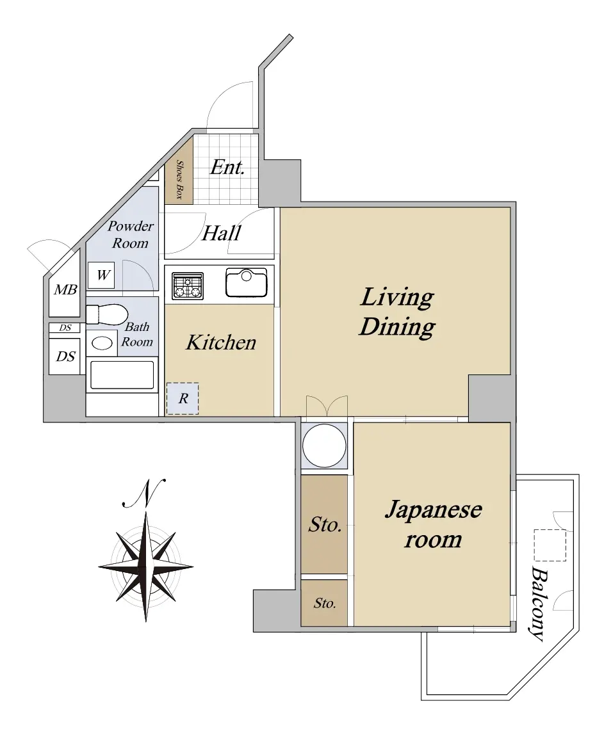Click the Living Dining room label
(x=397, y=312)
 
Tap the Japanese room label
(x=433, y=524)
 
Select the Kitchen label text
(x=221, y=342)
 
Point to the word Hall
(x=221, y=233)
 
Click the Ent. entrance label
(x=227, y=167)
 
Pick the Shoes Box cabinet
(x=179, y=171)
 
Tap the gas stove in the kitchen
(x=188, y=285)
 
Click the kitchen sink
(x=246, y=282)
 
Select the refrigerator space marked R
(x=183, y=399)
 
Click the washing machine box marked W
(x=101, y=275)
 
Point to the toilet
(x=107, y=314)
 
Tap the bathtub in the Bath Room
(x=122, y=375)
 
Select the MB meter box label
(x=65, y=290)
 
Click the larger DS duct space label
(x=65, y=357)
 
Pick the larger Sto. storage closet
(x=324, y=524)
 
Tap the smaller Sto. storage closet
(x=324, y=603)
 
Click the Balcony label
(x=538, y=604)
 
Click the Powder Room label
(x=130, y=234)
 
